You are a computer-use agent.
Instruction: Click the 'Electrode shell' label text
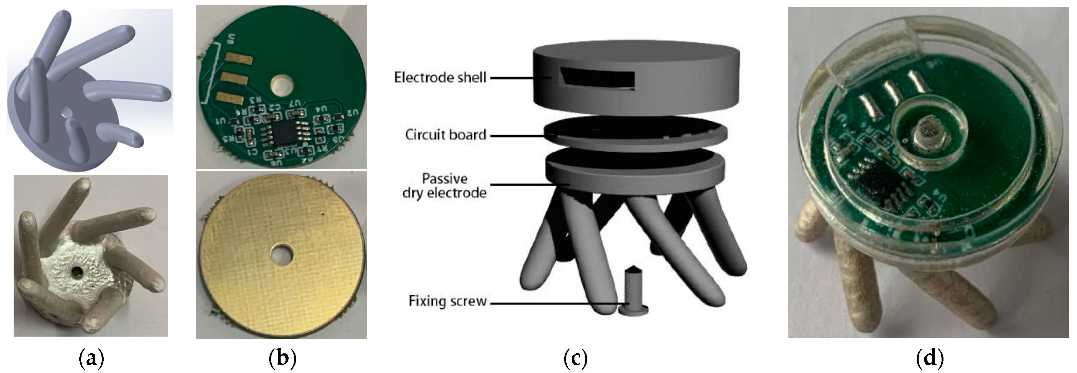(440, 77)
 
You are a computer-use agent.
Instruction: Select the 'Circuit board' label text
(445, 135)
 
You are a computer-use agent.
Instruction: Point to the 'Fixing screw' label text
(447, 301)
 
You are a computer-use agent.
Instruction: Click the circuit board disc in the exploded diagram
(636, 132)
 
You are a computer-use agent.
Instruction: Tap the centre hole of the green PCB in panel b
(282, 84)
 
